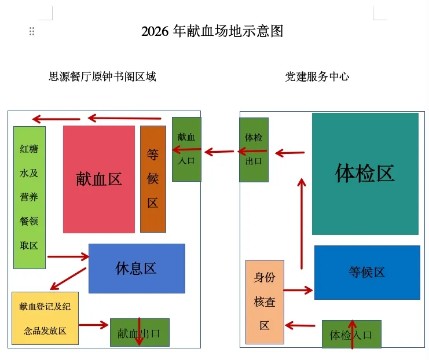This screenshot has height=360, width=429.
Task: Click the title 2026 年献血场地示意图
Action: pos(212,31)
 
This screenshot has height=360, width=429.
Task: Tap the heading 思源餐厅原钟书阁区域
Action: pos(102,76)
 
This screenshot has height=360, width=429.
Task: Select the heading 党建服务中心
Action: pos(317,76)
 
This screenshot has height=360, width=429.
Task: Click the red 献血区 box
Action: pos(99,179)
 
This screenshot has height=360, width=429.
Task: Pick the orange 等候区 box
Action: pos(153,179)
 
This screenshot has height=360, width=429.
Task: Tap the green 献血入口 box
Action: pos(186,149)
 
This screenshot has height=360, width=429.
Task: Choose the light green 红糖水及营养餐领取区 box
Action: pos(29,197)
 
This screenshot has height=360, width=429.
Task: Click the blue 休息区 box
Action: pos(137,268)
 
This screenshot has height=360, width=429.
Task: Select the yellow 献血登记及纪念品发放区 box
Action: pos(45,318)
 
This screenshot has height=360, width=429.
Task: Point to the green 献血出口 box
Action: pos(140,332)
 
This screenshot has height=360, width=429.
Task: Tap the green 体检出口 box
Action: pos(254,149)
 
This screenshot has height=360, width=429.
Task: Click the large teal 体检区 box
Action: pos(365,174)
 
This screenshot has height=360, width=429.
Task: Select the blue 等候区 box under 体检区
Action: pos(367,272)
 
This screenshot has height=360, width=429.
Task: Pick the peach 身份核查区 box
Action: pos(265,302)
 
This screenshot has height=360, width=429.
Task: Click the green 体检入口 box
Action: pos(351,335)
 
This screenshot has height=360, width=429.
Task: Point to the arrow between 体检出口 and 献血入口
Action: pos(219,152)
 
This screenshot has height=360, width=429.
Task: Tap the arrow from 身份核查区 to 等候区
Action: pos(298,290)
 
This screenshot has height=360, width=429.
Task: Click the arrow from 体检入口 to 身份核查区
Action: pos(300,325)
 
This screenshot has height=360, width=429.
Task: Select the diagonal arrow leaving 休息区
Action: pos(68,278)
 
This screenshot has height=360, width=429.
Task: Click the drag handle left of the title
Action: pos(32,31)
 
